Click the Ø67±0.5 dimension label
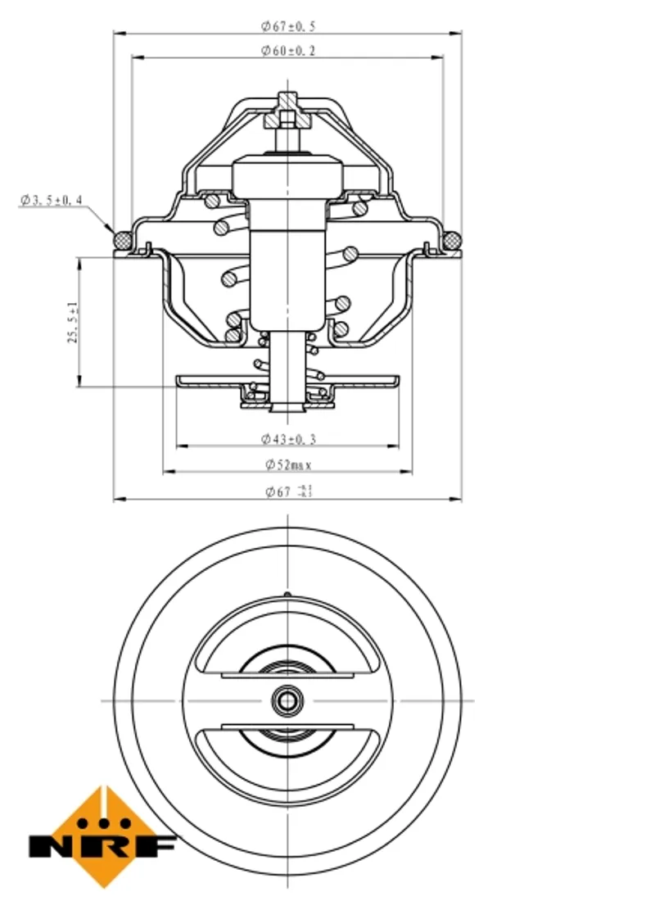click(288, 26)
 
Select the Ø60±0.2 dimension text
click(288, 51)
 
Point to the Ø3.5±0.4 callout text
click(52, 200)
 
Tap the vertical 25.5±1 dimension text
click(72, 322)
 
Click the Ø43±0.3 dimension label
click(288, 439)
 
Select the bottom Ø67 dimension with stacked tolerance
click(288, 491)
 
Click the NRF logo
click(103, 837)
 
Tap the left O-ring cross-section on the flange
click(123, 239)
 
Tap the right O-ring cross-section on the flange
click(452, 239)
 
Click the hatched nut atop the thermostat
click(287, 112)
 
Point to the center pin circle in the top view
click(287, 700)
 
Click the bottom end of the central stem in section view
click(287, 407)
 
